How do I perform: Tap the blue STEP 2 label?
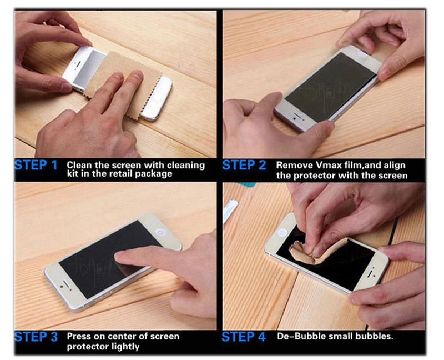point(244,165)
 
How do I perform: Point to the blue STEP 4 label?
point(244,337)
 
